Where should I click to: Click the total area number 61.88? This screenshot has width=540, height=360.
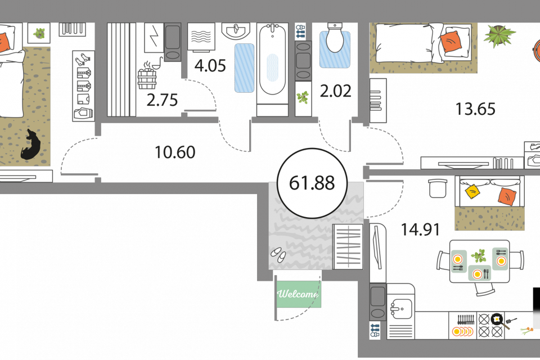point(312,183)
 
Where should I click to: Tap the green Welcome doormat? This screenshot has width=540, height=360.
point(298,294)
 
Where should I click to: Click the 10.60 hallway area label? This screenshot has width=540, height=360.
point(175,152)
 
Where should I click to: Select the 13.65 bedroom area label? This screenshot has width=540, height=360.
point(475,109)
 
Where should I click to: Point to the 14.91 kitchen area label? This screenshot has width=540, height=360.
point(420,229)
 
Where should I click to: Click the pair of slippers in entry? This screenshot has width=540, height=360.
point(277,254)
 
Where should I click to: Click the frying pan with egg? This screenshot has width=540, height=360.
point(497,319)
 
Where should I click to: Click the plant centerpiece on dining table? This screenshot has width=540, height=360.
point(479,256)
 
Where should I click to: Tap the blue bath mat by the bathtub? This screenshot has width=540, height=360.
point(244,67)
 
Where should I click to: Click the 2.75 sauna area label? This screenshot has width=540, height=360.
point(162,101)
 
